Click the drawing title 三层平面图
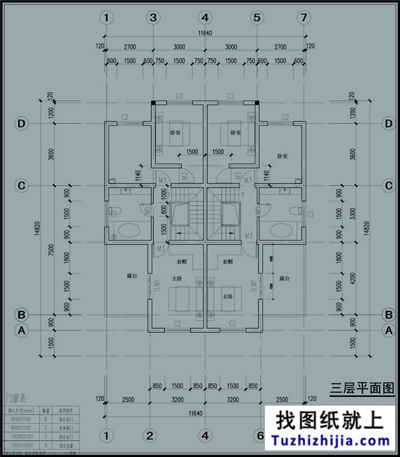362,388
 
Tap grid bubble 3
153,18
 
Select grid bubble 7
303,18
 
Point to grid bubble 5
256,18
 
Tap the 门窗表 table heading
17,397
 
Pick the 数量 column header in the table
46,410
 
